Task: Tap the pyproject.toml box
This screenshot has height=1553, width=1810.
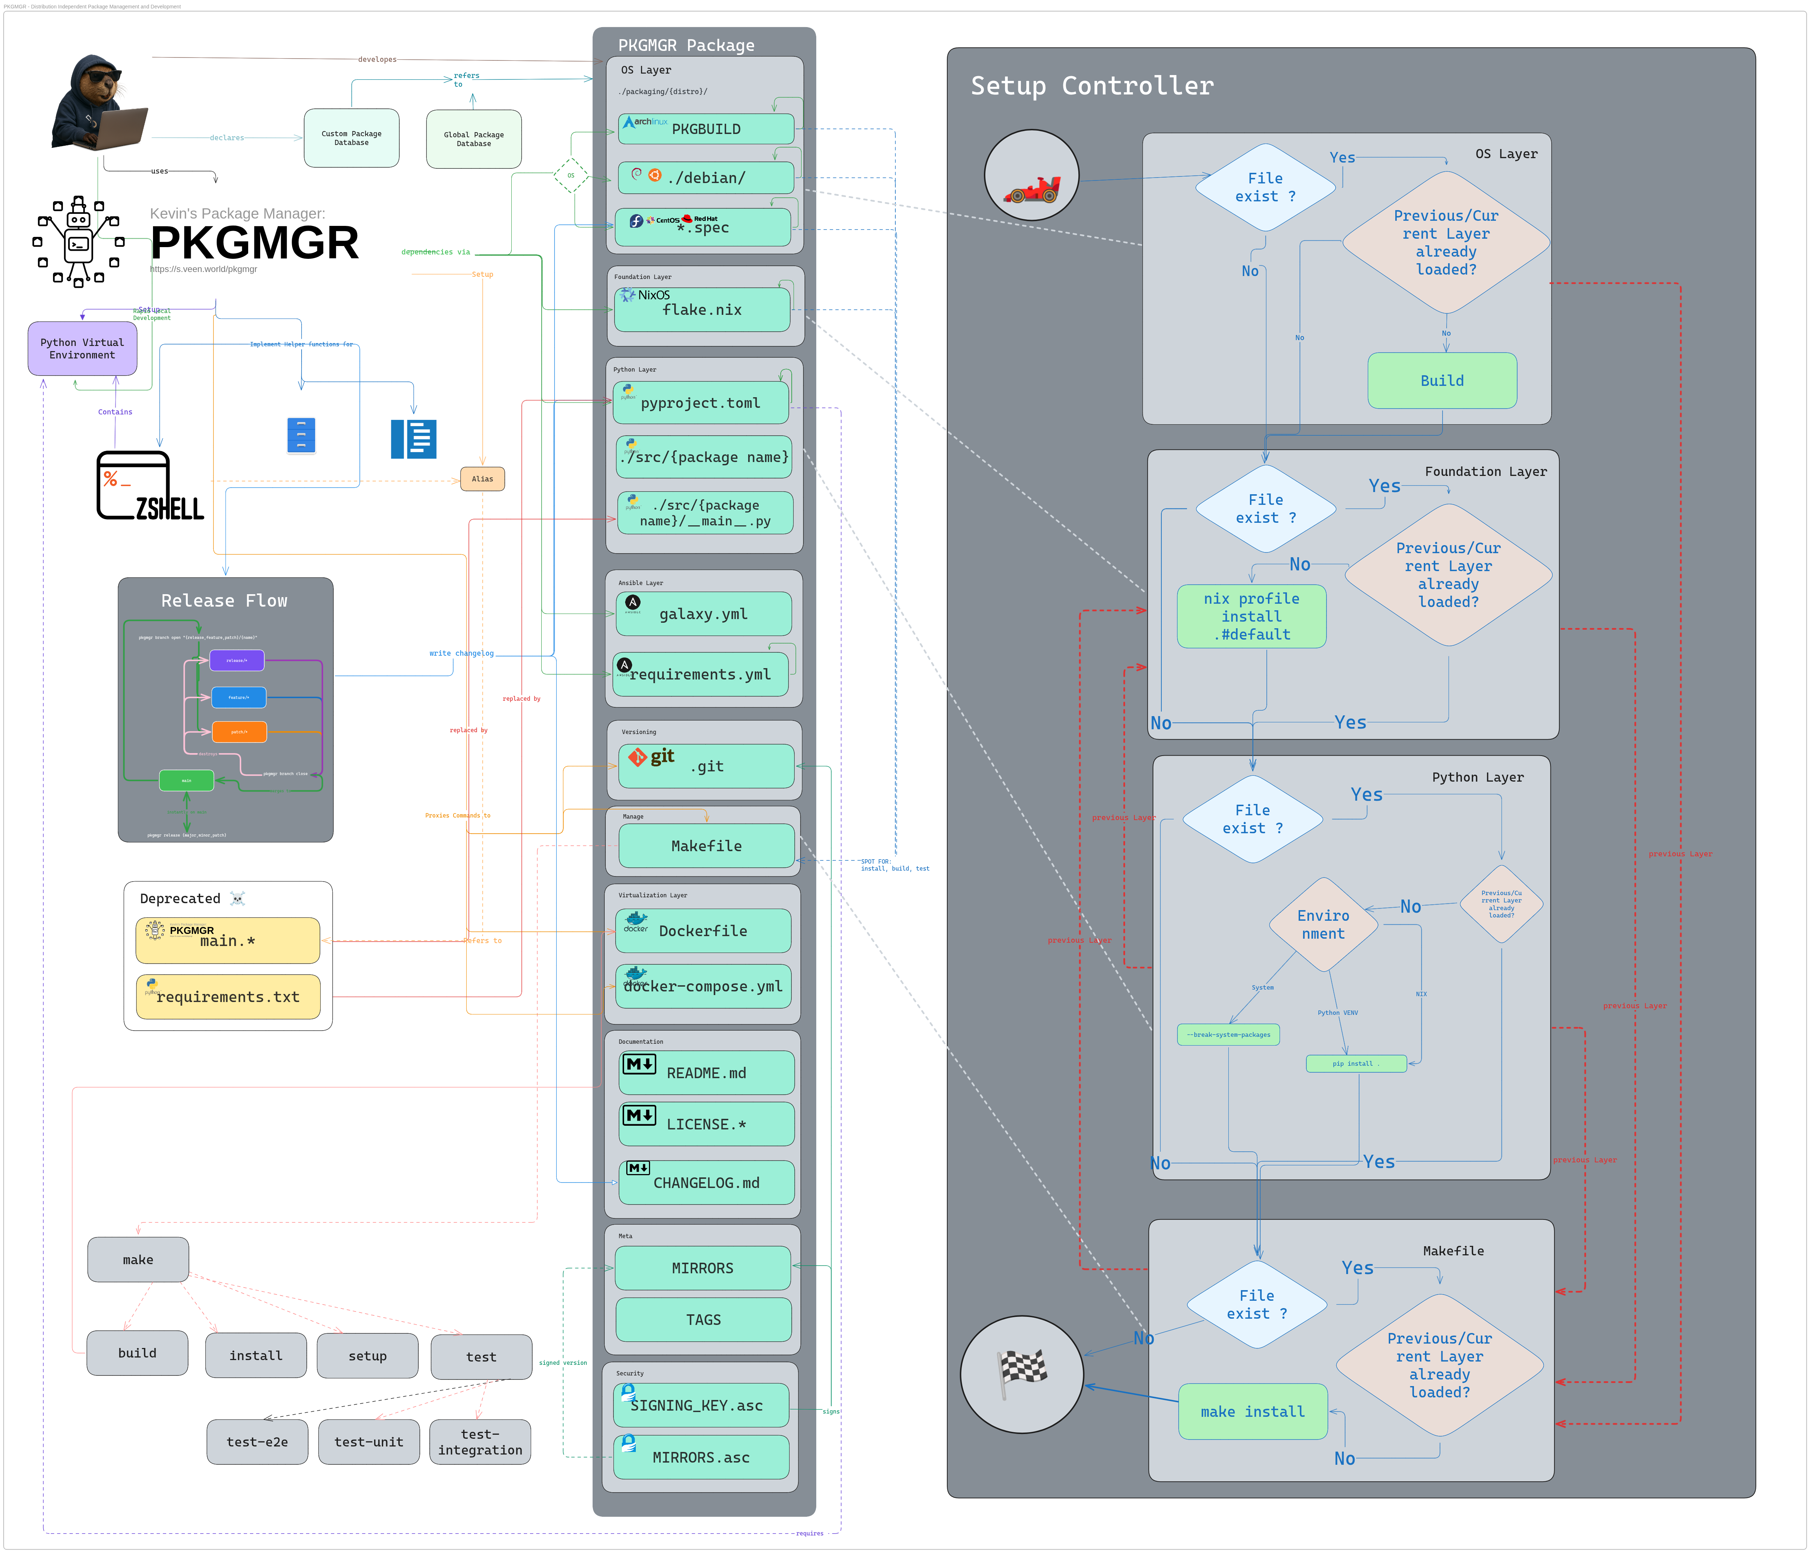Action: (x=701, y=403)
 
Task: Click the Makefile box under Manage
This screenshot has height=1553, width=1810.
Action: (x=706, y=846)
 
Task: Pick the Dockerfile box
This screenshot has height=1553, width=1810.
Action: (x=703, y=931)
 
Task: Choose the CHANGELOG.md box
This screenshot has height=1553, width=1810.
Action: (x=706, y=1183)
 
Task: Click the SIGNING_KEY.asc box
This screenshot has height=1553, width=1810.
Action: (x=701, y=1405)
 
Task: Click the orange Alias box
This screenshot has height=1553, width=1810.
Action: (x=482, y=479)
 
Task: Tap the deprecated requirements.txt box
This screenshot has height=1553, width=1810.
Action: (x=228, y=997)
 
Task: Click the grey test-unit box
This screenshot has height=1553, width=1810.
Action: (x=369, y=1442)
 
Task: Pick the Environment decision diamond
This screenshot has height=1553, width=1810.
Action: (x=1324, y=925)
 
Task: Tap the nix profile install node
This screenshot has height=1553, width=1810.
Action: (x=1251, y=616)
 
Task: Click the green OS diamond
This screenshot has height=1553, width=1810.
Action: (x=571, y=176)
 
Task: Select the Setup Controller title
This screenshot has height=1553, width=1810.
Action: (x=1092, y=86)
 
